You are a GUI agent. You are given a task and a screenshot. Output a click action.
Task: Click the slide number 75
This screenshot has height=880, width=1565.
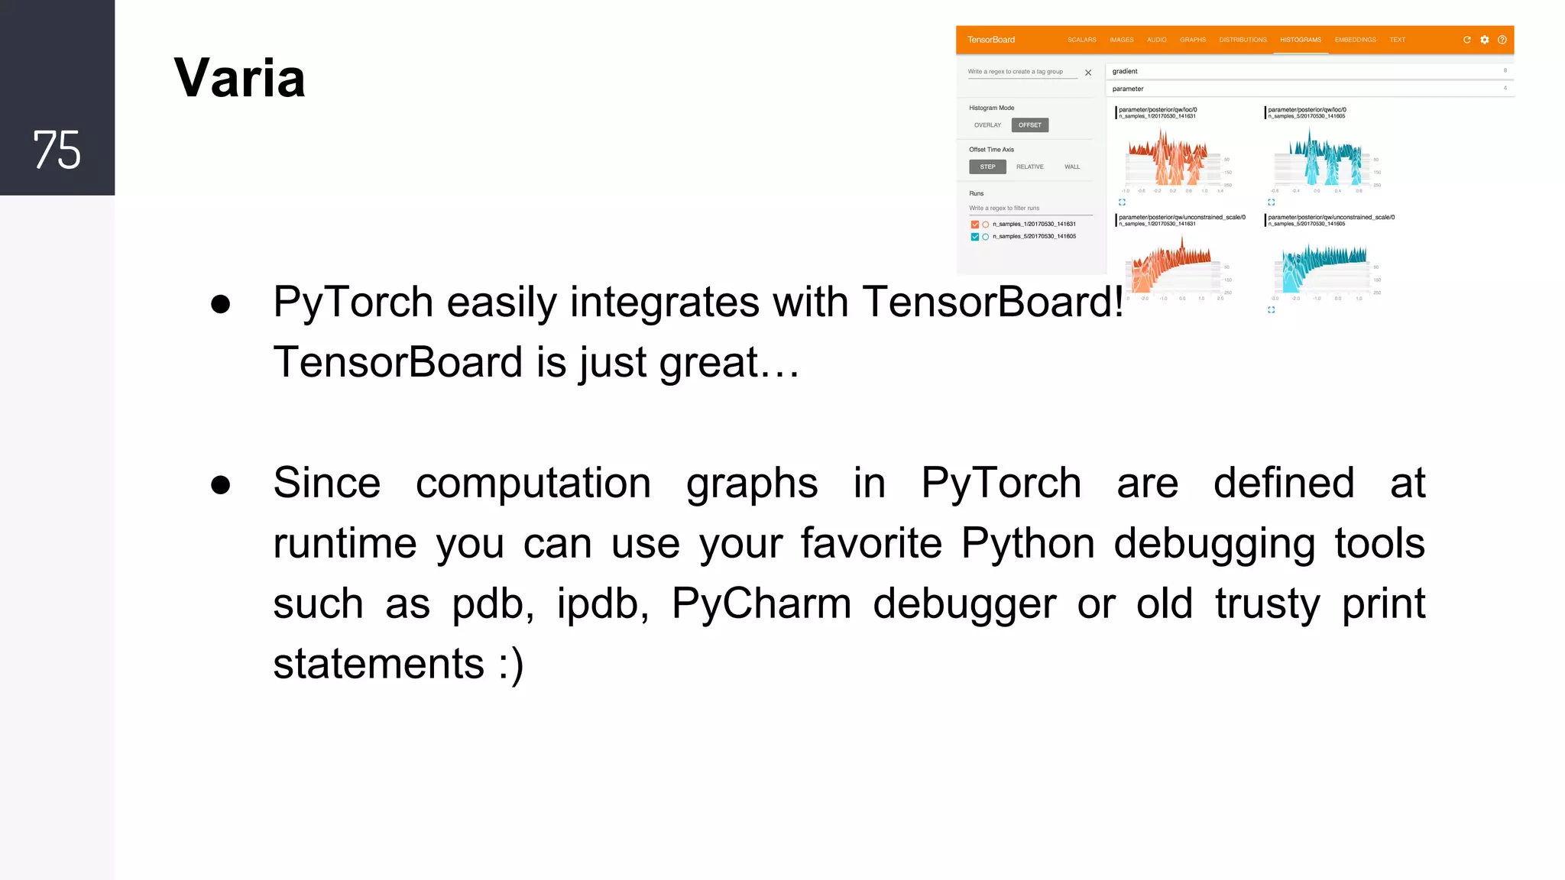57,149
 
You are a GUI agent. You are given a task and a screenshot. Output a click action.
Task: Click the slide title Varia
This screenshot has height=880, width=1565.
239,78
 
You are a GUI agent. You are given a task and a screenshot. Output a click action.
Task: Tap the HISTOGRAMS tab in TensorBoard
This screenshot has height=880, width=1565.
1300,40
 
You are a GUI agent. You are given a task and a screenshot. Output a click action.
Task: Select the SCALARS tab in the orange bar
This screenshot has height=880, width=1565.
1081,40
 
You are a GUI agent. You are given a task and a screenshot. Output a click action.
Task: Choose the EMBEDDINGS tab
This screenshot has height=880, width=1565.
1355,40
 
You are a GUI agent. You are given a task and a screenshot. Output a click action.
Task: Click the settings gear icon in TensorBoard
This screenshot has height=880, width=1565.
1484,40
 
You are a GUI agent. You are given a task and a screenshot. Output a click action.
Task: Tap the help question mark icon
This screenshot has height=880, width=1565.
1502,40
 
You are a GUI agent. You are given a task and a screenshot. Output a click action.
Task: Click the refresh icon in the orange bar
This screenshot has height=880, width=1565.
1466,40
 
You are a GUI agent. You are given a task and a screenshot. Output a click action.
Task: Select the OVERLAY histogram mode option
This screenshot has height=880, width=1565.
987,125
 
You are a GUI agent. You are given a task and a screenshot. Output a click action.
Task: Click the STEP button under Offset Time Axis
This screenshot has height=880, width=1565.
987,167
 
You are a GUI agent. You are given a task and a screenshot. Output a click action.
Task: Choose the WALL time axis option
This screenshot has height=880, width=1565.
1072,167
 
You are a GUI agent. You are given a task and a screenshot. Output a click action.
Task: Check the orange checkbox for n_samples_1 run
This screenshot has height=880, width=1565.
974,225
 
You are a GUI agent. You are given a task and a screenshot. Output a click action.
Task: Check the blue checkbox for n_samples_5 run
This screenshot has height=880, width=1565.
974,237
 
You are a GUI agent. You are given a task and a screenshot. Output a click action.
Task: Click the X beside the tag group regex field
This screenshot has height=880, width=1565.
1088,73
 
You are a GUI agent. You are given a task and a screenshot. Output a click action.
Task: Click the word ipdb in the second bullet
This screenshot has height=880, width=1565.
602,603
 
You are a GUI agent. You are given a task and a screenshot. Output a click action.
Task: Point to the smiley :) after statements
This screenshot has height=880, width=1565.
511,664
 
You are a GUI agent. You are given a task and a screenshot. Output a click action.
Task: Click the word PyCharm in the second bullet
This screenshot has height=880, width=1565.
761,603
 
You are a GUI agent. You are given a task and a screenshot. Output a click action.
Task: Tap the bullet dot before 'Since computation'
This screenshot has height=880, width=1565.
221,484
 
